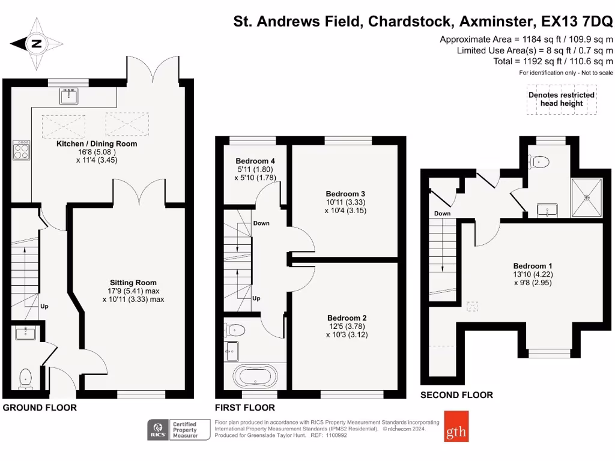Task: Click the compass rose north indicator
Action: [x=36, y=43]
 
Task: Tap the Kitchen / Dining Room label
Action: [x=97, y=144]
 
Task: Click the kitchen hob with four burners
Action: [x=22, y=150]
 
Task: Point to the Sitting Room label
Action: [x=133, y=283]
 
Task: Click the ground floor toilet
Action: [x=26, y=378]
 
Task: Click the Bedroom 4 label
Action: [x=255, y=161]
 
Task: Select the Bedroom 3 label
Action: [x=345, y=194]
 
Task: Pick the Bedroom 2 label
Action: [x=347, y=318]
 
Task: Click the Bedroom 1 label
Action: [x=533, y=266]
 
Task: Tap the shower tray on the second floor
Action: [x=587, y=197]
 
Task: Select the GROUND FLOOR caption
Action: [x=40, y=408]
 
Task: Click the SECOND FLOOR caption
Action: [x=456, y=395]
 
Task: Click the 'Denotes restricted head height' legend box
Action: [x=562, y=99]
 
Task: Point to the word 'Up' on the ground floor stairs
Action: [x=44, y=306]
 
